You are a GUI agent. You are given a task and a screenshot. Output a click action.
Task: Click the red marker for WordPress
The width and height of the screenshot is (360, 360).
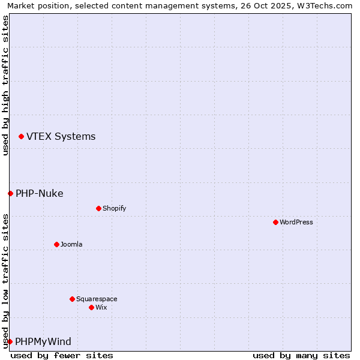(x=275, y=222)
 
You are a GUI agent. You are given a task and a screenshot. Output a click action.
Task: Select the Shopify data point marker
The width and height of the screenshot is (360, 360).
(x=98, y=208)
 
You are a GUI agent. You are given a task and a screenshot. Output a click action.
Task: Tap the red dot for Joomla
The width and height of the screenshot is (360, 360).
(x=56, y=244)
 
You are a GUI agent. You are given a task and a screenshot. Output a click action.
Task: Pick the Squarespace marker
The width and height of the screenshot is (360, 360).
(x=72, y=299)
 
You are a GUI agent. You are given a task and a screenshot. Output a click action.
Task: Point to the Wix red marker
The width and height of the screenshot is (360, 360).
(x=91, y=307)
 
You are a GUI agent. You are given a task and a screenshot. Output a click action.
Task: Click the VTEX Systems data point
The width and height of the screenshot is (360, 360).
(x=21, y=137)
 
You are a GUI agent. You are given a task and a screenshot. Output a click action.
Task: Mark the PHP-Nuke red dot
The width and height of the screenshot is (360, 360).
(x=10, y=193)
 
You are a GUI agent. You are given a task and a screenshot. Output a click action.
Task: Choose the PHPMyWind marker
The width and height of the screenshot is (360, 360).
(x=10, y=341)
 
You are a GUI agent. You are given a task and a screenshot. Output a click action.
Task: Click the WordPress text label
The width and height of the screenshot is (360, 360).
(x=296, y=222)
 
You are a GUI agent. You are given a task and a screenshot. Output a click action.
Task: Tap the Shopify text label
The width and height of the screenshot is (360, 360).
(x=114, y=208)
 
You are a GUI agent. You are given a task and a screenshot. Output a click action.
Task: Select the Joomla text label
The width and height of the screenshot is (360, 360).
(x=71, y=244)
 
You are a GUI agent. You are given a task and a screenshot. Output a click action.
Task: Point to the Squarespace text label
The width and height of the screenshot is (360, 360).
(x=97, y=299)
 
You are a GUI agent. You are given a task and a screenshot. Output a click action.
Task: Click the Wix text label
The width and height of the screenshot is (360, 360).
(x=101, y=307)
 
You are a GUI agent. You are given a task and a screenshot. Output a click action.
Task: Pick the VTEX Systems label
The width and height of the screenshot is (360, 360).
(x=61, y=136)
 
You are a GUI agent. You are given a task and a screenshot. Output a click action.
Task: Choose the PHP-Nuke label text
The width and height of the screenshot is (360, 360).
(x=39, y=193)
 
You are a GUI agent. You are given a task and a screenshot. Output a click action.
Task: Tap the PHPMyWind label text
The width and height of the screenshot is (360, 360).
(x=43, y=341)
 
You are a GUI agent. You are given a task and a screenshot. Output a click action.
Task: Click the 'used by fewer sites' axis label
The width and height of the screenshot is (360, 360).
(x=62, y=355)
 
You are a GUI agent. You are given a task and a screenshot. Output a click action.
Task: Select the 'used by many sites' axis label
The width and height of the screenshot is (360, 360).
(x=301, y=355)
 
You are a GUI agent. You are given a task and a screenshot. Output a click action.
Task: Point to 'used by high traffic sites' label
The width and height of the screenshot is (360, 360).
(x=5, y=85)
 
